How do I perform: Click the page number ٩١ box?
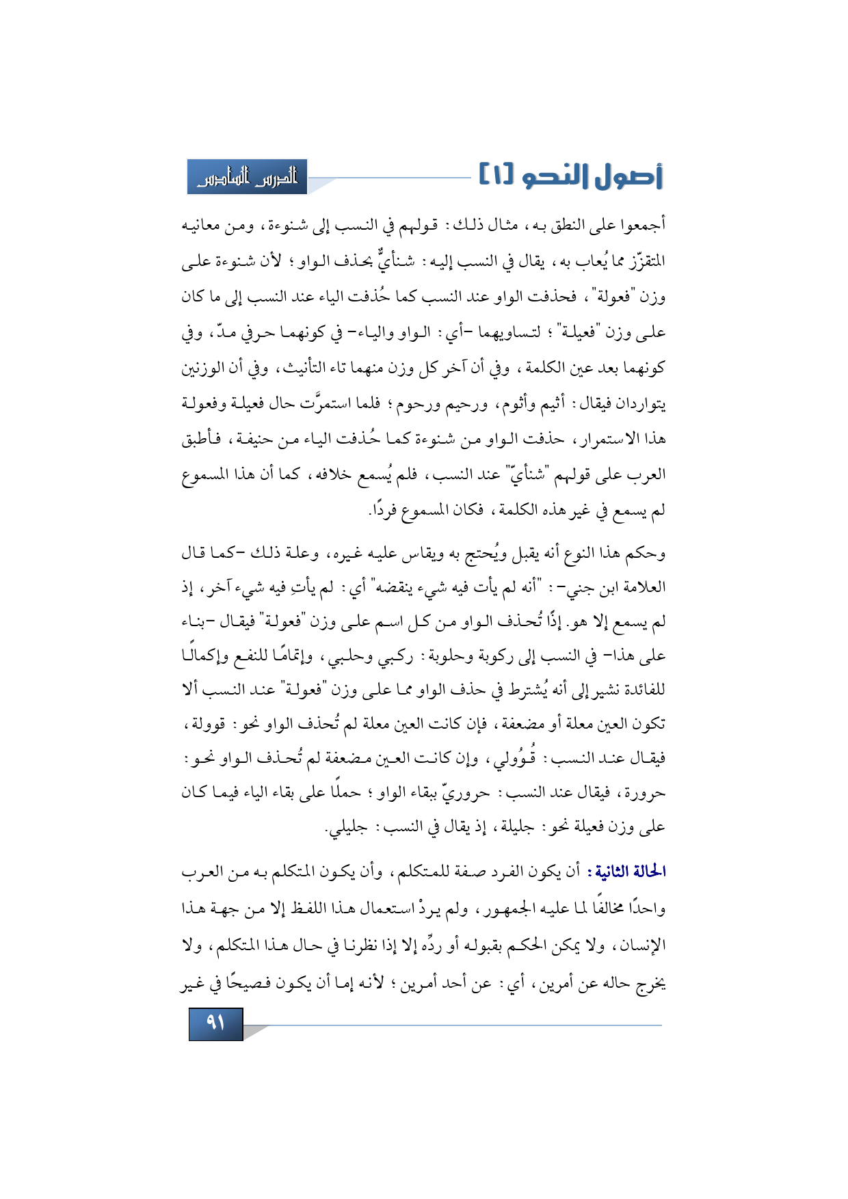215,1023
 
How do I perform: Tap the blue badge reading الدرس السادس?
248,178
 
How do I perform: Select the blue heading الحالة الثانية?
631,872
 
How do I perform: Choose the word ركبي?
390,657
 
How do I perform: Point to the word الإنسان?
641,945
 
